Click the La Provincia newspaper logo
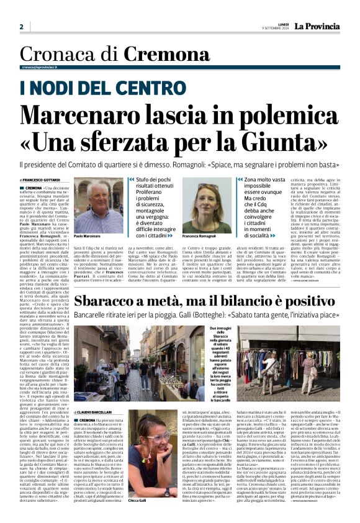(317, 27)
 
